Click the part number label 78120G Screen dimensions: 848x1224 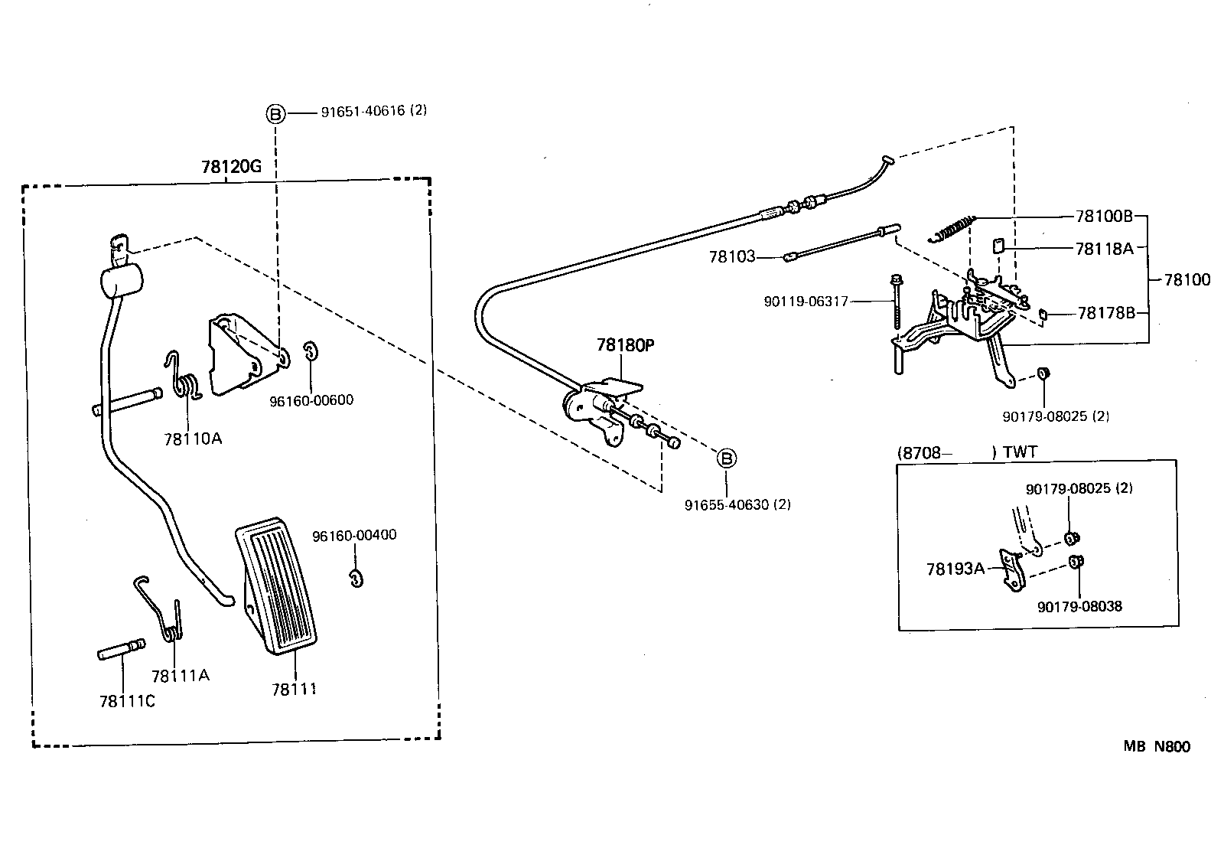pos(231,166)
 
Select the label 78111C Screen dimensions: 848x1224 pos(127,701)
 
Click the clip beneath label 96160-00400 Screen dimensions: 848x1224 pos(356,578)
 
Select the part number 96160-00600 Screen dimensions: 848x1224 pos(311,400)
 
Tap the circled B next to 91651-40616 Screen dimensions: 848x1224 pos(275,114)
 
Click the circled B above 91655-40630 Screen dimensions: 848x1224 pos(727,458)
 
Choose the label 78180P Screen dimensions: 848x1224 pos(626,345)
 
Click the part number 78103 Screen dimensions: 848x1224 pos(731,257)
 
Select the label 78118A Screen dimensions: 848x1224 pos(1103,248)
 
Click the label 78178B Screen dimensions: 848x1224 pos(1106,312)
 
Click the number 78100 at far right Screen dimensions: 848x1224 pos(1187,280)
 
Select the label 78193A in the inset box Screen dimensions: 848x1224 pos(955,569)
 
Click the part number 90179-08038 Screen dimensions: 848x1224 pos(1079,606)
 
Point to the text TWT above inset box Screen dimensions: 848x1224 pos(1020,452)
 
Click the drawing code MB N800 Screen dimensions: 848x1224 pos(1157,747)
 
